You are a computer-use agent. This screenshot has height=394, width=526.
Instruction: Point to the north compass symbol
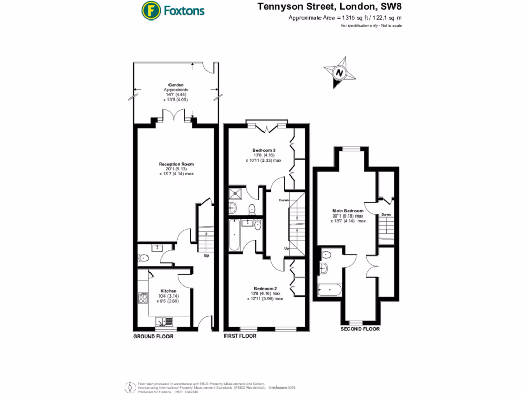(x=339, y=73)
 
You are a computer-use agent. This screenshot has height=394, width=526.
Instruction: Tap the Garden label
(x=176, y=85)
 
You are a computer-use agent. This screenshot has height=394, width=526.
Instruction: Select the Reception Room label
(x=176, y=164)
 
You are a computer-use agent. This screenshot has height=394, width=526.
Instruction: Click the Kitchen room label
(x=168, y=291)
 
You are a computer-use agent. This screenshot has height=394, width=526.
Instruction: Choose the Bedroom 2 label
(x=265, y=288)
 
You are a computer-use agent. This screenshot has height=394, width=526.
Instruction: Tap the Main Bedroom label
(x=348, y=211)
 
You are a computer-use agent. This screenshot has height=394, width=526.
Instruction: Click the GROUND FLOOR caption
(x=153, y=337)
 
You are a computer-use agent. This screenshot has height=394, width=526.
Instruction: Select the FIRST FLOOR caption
(x=240, y=336)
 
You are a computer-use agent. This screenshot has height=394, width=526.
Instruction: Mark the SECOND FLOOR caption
(x=360, y=329)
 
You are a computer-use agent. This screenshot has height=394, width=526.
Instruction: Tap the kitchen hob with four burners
(x=144, y=298)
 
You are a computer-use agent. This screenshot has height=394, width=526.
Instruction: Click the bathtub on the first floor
(x=235, y=235)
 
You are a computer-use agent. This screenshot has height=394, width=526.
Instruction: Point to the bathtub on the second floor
(x=329, y=290)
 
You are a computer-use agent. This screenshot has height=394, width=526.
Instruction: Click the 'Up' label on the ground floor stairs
(x=206, y=255)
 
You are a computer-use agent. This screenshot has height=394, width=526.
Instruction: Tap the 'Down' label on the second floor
(x=386, y=214)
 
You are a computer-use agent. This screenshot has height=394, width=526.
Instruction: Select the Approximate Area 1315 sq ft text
(x=345, y=18)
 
